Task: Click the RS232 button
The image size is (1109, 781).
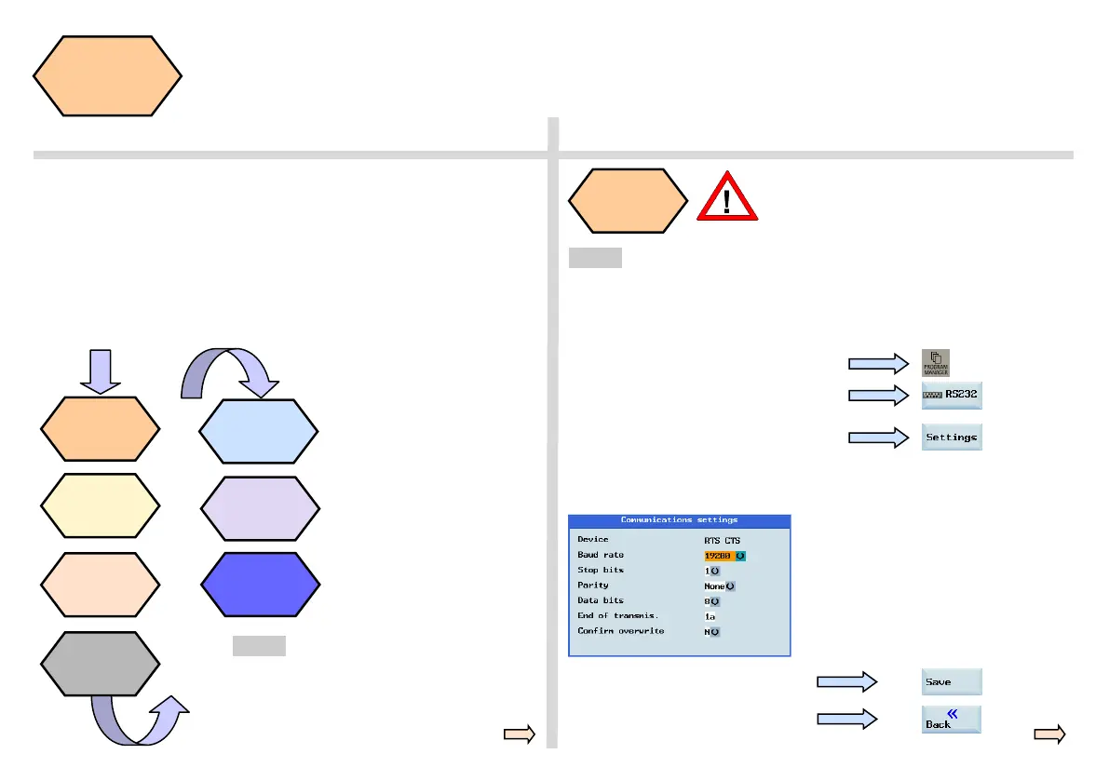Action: pos(952,395)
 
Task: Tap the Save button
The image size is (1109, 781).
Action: pos(952,681)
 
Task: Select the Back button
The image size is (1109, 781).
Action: pos(952,719)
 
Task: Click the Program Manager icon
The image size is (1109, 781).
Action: pos(937,362)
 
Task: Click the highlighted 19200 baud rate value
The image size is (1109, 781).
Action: pos(719,555)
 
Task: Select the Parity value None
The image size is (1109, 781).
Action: pos(715,586)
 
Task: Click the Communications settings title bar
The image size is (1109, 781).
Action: pos(679,519)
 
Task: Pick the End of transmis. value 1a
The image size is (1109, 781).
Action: pos(710,616)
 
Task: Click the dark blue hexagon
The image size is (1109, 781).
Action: pos(261,585)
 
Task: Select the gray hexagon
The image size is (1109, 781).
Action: pos(101,664)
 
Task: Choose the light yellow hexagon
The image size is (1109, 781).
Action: pos(101,506)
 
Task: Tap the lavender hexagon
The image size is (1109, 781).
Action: pos(261,508)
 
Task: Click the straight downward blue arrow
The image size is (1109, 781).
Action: pos(101,371)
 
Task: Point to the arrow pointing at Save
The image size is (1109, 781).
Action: pos(846,682)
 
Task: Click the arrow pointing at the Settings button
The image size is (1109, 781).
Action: pos(878,438)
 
